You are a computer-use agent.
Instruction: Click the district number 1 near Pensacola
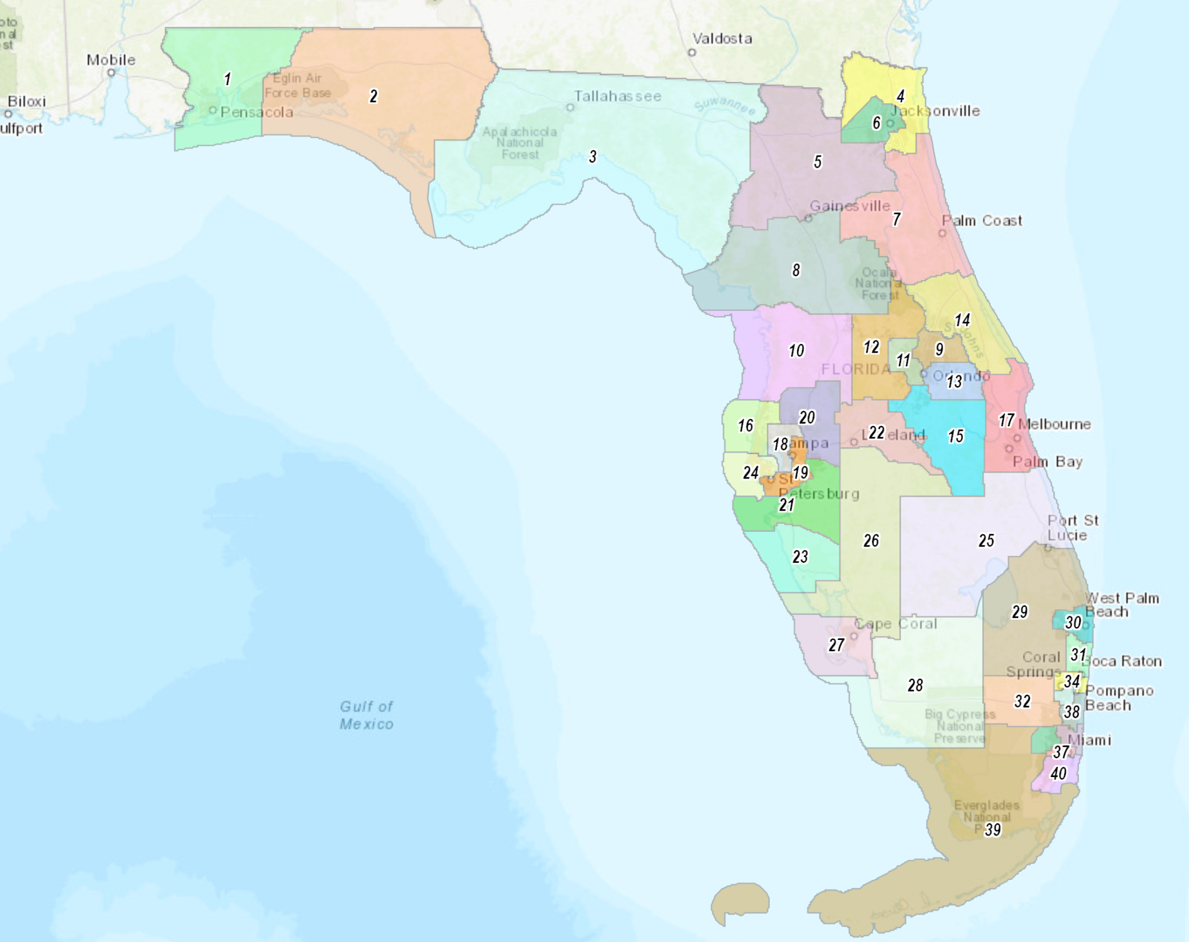tap(228, 78)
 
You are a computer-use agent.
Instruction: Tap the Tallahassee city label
tap(618, 96)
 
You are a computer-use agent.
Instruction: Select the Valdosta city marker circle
tap(691, 52)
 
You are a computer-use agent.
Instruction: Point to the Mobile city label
tap(111, 60)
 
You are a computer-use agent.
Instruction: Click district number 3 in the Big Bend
tap(592, 156)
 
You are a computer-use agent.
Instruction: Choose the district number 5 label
tap(817, 161)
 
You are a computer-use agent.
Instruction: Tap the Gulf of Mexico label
tap(366, 715)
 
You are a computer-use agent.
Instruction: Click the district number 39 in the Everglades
tap(993, 830)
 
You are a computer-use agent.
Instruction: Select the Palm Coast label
tap(982, 221)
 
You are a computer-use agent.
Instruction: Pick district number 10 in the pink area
tap(796, 350)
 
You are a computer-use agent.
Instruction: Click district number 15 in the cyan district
tap(956, 436)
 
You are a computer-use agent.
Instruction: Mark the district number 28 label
tap(915, 685)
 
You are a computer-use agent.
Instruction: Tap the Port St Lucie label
tap(1073, 527)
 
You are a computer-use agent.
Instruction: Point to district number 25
tap(986, 541)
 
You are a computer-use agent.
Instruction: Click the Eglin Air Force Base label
tap(298, 85)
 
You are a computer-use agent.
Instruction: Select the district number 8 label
tap(796, 270)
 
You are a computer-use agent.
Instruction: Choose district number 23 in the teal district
tap(800, 557)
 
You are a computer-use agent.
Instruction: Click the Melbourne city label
tap(1054, 425)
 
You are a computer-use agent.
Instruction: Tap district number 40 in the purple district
tap(1058, 774)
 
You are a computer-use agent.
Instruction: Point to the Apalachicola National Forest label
tap(520, 143)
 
